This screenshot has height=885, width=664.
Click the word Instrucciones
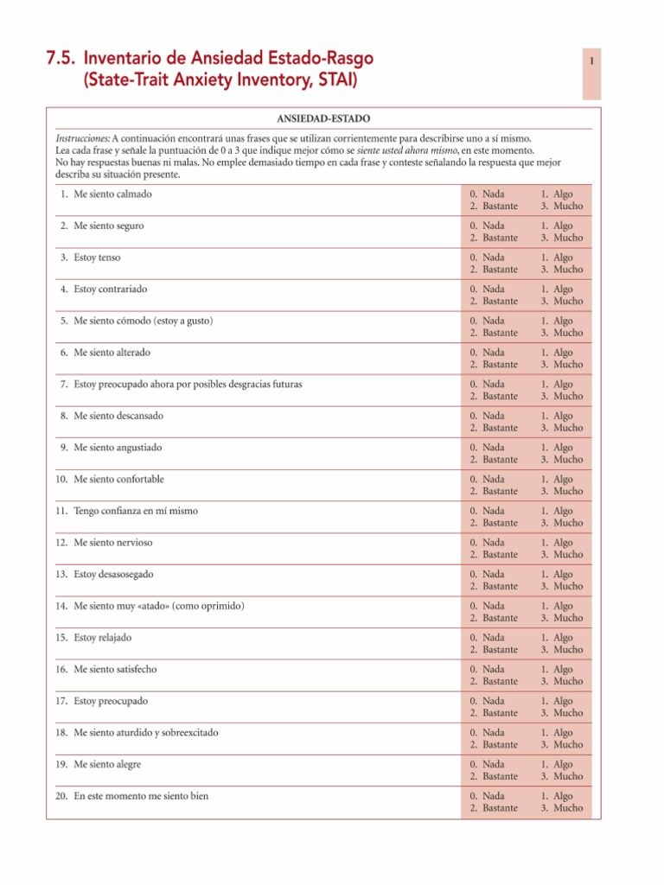[x=82, y=138]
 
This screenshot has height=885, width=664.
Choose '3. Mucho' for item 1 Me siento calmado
[x=562, y=207]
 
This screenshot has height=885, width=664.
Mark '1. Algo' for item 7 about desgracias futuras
[x=557, y=384]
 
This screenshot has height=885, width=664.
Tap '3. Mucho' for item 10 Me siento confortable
[x=562, y=492]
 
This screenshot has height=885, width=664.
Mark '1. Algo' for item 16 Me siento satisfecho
[x=557, y=669]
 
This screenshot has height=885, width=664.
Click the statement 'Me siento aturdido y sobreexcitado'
[x=146, y=732]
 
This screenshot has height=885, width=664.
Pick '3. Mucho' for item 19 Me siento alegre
[x=562, y=776]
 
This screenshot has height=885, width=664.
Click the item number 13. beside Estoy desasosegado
[x=62, y=574]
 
